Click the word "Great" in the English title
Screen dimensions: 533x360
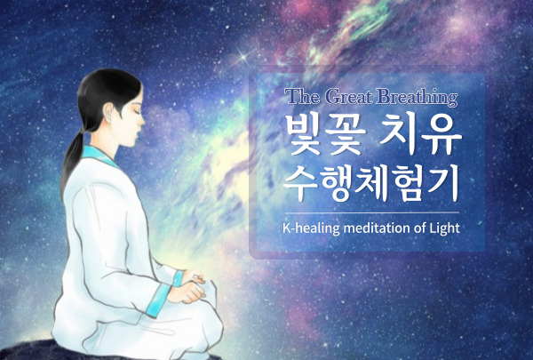(349, 97)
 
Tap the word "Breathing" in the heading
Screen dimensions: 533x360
(418, 97)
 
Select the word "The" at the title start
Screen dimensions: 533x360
(303, 96)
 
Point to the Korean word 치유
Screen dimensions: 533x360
(421, 133)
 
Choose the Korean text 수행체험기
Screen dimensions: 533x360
(371, 183)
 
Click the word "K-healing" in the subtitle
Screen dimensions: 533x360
(311, 228)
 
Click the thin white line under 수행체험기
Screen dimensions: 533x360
(372, 212)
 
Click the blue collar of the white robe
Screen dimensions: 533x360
(99, 156)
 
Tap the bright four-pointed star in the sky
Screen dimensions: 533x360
(243, 57)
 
